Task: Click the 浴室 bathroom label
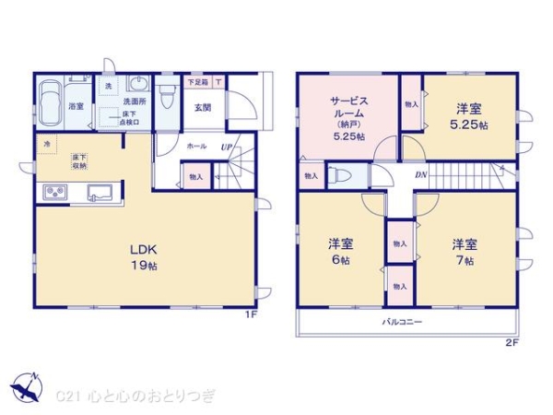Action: pos(76,107)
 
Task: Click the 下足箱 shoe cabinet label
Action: pos(197,82)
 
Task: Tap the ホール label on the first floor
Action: pos(196,147)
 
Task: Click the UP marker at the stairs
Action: pos(226,147)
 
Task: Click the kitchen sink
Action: pos(100,193)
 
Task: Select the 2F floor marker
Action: pos(512,342)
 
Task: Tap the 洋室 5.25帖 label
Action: pos(469,115)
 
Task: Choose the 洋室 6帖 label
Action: pos(341,252)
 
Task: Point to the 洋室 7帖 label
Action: pos(464,252)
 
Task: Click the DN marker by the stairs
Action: pos(419,175)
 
